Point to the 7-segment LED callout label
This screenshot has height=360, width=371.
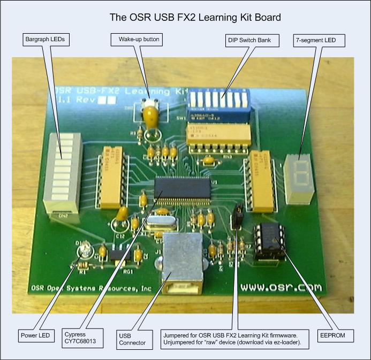tap(319, 39)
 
